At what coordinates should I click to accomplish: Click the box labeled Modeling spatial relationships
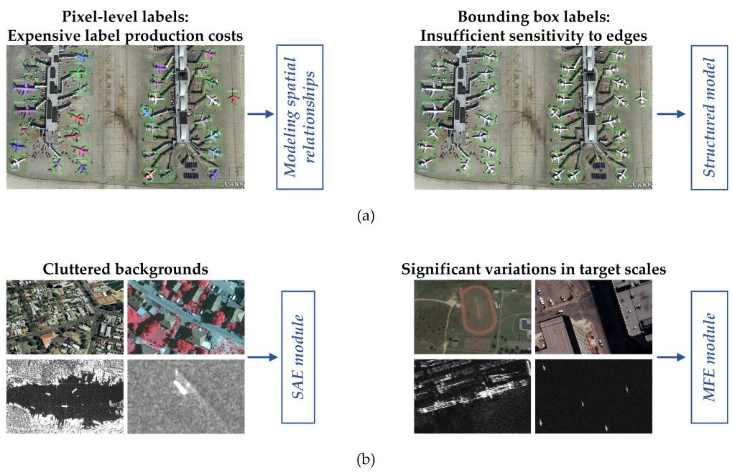pyautogui.click(x=299, y=117)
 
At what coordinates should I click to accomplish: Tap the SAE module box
pyautogui.click(x=298, y=357)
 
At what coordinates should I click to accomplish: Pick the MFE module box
pyautogui.click(x=709, y=357)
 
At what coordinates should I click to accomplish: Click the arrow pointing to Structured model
pyautogui.click(x=671, y=114)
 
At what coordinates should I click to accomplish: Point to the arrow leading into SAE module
pyautogui.click(x=262, y=357)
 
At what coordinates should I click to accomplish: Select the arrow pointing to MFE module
pyautogui.click(x=671, y=357)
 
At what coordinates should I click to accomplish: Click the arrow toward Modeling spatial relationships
pyautogui.click(x=260, y=114)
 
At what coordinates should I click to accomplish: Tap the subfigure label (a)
pyautogui.click(x=366, y=216)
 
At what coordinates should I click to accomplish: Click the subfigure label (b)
pyautogui.click(x=366, y=460)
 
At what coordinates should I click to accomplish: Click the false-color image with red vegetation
pyautogui.click(x=186, y=317)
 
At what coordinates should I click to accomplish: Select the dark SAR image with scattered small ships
pyautogui.click(x=593, y=396)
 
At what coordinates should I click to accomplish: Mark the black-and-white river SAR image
pyautogui.click(x=65, y=396)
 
